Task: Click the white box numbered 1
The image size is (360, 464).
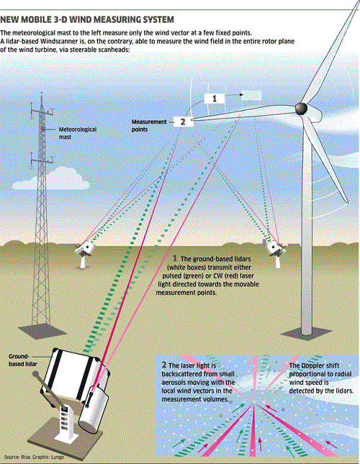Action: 214,96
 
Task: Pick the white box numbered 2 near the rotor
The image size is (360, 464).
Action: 183,122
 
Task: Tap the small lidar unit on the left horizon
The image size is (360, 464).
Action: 85,247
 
